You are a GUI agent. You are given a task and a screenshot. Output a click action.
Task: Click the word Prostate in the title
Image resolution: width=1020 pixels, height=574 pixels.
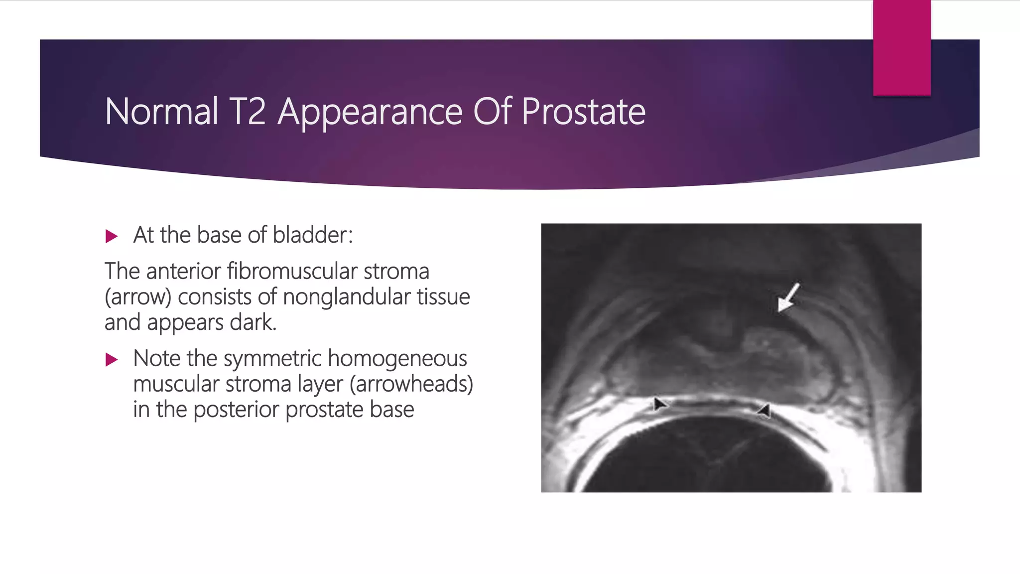(x=583, y=112)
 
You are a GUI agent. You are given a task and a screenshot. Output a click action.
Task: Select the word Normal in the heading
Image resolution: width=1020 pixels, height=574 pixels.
(x=161, y=112)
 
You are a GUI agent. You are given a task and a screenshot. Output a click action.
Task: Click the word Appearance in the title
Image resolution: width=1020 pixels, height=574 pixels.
(x=370, y=112)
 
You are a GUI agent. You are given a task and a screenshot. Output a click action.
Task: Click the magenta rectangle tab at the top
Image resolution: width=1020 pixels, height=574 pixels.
(x=901, y=47)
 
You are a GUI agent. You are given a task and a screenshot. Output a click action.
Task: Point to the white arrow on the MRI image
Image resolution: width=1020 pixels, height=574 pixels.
(x=788, y=298)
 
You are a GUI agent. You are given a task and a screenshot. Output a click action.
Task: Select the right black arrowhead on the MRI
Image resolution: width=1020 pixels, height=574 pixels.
(x=764, y=411)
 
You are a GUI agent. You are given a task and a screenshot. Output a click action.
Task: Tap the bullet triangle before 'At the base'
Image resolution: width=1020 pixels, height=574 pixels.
(x=112, y=236)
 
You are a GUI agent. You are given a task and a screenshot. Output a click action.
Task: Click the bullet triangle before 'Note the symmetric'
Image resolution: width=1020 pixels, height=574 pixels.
(x=112, y=360)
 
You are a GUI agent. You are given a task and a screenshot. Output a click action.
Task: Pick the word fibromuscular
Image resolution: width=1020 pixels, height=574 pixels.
(x=292, y=272)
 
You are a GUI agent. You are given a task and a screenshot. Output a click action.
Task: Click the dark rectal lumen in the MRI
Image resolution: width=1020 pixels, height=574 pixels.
(x=707, y=458)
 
